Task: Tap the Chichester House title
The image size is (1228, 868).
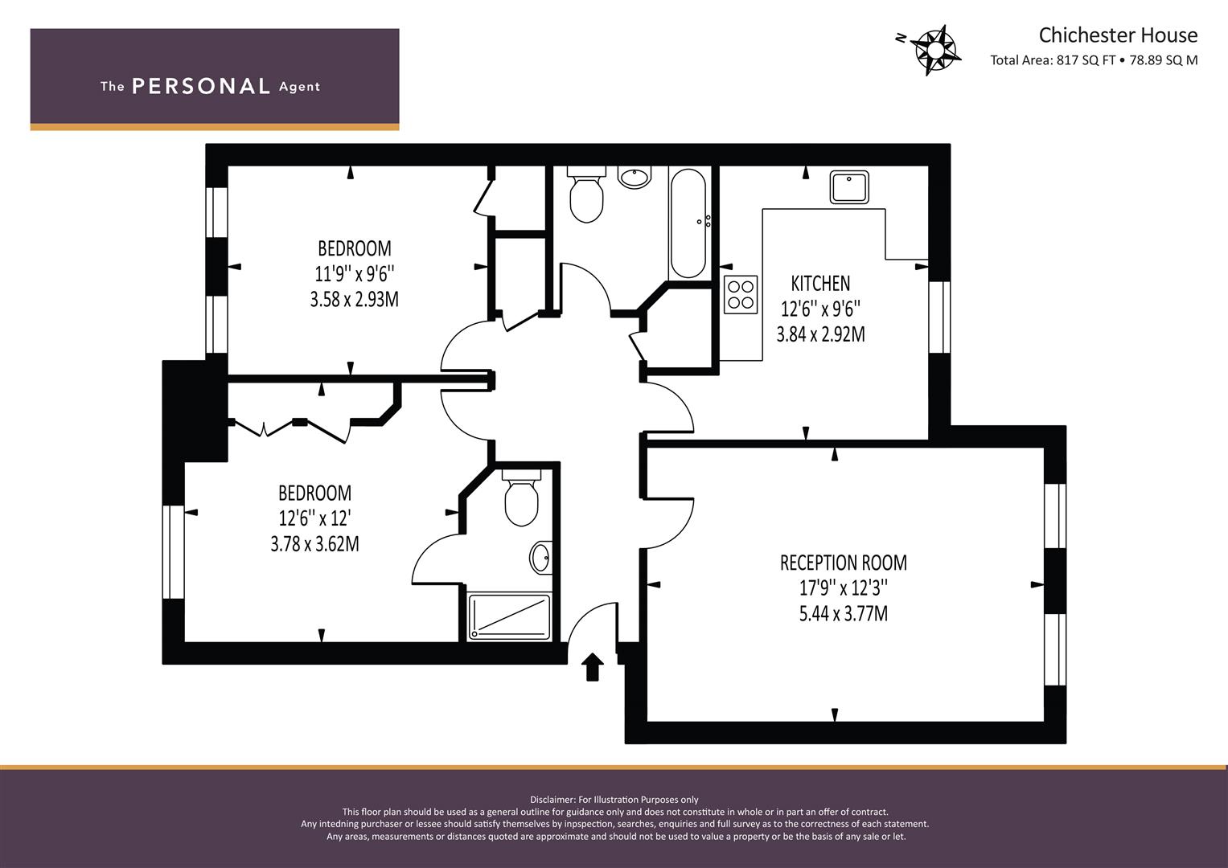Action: (x=1118, y=35)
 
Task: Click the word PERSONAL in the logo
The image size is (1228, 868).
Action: (x=201, y=86)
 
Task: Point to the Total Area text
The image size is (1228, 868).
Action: (x=1094, y=60)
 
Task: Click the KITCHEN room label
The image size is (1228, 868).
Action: (x=820, y=283)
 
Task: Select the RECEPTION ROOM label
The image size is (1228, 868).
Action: (x=843, y=563)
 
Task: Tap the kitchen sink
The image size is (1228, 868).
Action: (x=849, y=186)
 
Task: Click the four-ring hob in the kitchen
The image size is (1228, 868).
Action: (x=741, y=294)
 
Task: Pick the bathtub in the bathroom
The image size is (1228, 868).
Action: (x=688, y=223)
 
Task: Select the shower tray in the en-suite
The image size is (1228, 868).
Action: (x=509, y=616)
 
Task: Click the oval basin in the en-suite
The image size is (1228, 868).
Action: (x=540, y=558)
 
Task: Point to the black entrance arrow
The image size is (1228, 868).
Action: (x=592, y=666)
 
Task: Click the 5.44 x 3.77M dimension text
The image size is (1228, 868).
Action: (x=843, y=614)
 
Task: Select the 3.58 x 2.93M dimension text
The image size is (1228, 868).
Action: (x=354, y=299)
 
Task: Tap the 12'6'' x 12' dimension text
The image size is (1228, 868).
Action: (x=314, y=518)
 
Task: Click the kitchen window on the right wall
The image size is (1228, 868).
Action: (x=939, y=317)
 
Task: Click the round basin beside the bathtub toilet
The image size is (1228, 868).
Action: (x=635, y=177)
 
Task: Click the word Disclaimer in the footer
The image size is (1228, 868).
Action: (x=552, y=800)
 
